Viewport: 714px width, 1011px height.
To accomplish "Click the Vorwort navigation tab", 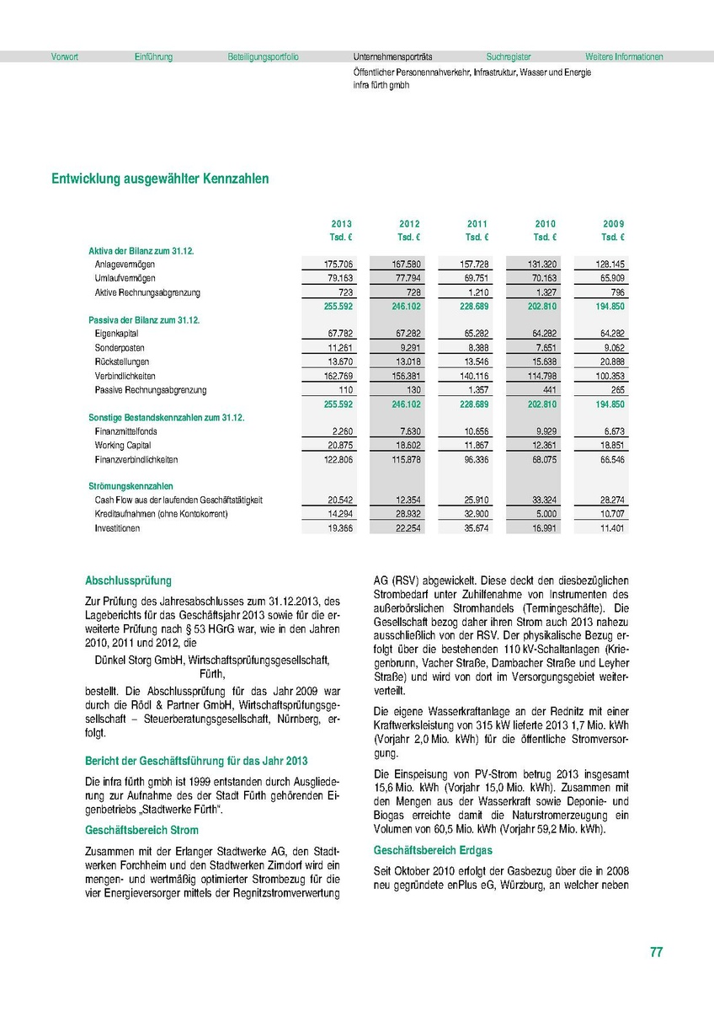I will tap(65, 57).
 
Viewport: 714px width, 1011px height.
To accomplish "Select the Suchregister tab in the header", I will tap(508, 57).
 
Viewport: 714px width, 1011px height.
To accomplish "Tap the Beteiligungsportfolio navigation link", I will tap(263, 57).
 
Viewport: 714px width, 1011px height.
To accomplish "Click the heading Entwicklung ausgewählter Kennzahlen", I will tap(160, 179).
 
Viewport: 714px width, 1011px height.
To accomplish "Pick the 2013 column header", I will tap(341, 223).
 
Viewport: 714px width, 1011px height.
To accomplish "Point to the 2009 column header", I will tap(613, 223).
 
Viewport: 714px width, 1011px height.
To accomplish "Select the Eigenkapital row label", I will tap(117, 334).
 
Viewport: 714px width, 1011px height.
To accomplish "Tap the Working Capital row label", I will tap(123, 445).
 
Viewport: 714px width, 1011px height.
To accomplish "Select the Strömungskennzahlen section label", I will tap(131, 486).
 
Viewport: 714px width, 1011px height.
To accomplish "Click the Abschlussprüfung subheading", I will tap(128, 580).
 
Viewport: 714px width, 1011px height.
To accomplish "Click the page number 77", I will tap(657, 953).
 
